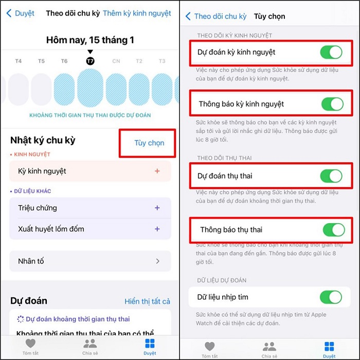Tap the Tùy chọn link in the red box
point(149,143)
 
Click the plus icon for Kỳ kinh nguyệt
point(157,171)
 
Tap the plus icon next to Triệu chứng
point(157,208)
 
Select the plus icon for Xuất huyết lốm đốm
point(157,229)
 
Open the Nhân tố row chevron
point(158,261)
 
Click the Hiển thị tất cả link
point(147,301)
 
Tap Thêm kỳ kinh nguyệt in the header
point(137,13)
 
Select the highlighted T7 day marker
point(91,61)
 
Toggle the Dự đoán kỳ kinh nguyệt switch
point(331,52)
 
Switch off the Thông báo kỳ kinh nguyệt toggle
point(332,104)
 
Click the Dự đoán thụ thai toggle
point(331,176)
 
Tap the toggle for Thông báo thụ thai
point(333,229)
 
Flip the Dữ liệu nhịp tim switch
point(331,297)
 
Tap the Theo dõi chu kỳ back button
point(216,16)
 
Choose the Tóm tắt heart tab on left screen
point(30,347)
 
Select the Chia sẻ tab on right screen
point(269,349)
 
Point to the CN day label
point(116,61)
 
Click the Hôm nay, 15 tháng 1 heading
point(90,40)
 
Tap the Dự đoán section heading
point(29,301)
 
